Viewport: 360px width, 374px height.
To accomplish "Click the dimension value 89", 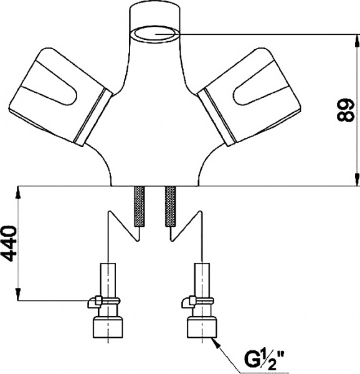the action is pyautogui.click(x=345, y=110).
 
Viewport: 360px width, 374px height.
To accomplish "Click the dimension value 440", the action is pyautogui.click(x=10, y=243).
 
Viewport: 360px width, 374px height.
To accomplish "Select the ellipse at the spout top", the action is pyautogui.click(x=155, y=34).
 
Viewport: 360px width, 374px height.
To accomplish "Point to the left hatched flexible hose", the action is pyautogui.click(x=140, y=206).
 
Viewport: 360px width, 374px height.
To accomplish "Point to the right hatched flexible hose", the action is pyautogui.click(x=170, y=206).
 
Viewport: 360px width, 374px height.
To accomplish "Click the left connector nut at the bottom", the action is pyautogui.click(x=108, y=327).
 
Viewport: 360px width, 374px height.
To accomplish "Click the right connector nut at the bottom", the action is pyautogui.click(x=202, y=327).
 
